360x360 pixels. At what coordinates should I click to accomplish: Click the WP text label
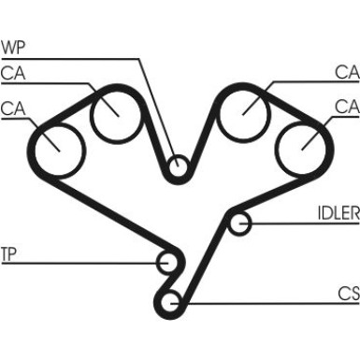point(16,47)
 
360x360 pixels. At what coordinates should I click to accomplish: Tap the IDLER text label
point(338,213)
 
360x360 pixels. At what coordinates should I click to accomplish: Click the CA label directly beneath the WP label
point(13,72)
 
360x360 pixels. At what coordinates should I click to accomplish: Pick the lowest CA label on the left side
point(13,108)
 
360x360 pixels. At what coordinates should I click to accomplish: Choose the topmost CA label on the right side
point(347,72)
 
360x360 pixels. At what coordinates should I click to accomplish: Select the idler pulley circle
point(240,223)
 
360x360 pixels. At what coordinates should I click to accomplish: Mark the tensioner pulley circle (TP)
point(169,263)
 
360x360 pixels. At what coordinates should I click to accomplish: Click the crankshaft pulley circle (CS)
point(171,301)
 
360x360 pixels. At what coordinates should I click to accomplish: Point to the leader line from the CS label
point(262,302)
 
